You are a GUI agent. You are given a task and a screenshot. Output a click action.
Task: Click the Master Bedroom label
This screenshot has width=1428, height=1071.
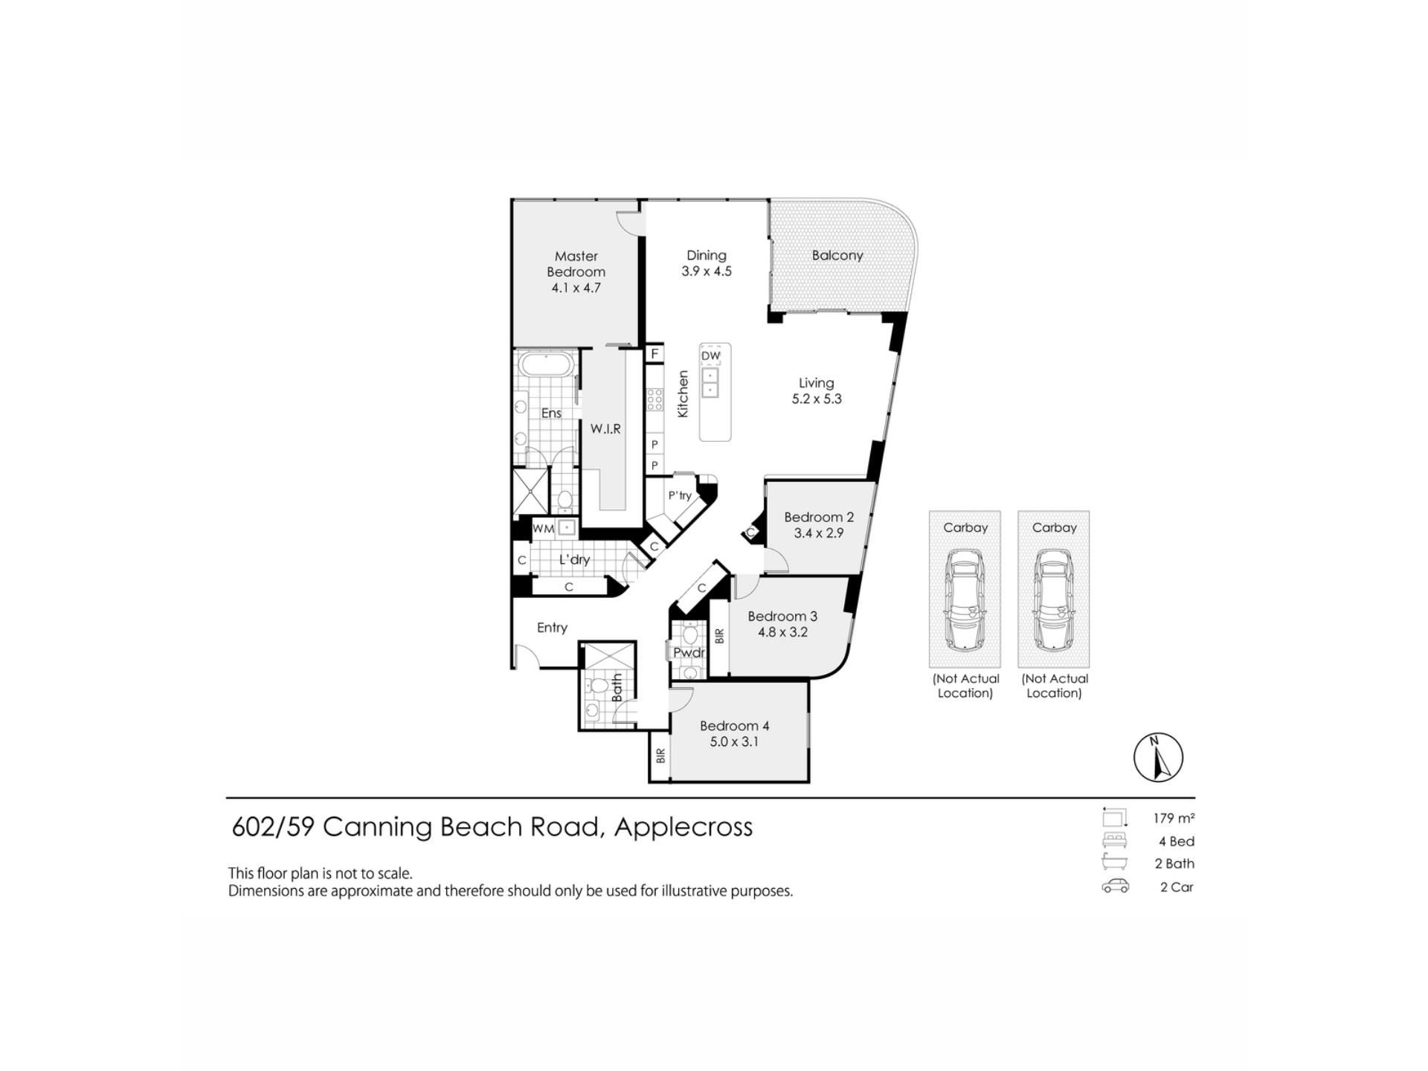[x=576, y=264]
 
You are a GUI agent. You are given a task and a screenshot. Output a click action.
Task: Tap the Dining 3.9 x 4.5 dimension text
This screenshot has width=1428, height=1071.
[x=707, y=271]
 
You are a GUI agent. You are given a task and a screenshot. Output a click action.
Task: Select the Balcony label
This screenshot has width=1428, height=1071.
[x=837, y=255]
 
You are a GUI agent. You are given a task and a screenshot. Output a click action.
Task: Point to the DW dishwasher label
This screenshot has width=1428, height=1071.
[x=711, y=356]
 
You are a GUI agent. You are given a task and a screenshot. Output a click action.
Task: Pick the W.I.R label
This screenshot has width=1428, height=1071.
[x=605, y=429]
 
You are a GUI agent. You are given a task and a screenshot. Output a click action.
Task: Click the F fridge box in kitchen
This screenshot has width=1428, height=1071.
[x=654, y=353]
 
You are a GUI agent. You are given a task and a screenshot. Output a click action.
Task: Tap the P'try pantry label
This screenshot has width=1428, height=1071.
[x=680, y=495]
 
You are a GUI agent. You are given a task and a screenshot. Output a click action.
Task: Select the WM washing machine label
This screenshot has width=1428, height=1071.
[x=544, y=529]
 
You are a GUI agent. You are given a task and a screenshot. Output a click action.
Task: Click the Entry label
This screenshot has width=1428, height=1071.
[x=552, y=628]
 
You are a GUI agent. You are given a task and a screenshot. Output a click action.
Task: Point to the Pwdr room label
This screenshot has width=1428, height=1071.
[x=689, y=652]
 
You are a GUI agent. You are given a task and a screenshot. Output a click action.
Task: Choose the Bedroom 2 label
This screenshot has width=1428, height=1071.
[x=819, y=517]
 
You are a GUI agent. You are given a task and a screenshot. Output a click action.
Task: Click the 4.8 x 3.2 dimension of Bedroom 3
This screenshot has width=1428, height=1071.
[x=782, y=632]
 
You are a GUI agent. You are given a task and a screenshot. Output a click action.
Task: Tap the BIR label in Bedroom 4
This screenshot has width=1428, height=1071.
[x=660, y=756]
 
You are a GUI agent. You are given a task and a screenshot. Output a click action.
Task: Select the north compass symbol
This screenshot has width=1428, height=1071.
[x=1158, y=757]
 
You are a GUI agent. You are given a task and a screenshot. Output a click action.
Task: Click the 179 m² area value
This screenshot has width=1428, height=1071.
[x=1174, y=818]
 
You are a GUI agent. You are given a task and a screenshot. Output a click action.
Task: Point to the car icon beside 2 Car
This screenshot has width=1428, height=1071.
[x=1115, y=886]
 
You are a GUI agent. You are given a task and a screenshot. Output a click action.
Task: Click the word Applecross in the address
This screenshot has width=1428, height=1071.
[x=684, y=828]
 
